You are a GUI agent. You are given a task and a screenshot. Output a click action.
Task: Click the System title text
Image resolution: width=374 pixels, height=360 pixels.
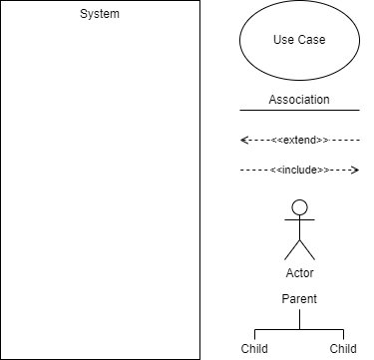99,14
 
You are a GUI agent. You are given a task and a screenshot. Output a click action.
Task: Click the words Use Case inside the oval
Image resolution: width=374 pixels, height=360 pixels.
299,41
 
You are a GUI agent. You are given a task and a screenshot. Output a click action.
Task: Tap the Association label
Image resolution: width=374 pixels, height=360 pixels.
299,100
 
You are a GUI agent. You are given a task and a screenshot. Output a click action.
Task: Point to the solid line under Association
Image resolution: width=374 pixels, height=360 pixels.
299,109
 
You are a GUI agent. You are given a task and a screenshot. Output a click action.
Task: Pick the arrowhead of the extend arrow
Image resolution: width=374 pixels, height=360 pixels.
243,140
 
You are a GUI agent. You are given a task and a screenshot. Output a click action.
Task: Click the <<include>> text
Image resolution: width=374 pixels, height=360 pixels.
299,171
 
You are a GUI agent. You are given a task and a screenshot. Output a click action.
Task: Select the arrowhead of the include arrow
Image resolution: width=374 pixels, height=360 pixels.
355,171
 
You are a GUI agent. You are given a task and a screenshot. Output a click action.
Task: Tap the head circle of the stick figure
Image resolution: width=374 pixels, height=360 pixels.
299,207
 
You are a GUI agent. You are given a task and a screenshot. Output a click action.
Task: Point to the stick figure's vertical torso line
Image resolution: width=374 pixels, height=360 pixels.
299,228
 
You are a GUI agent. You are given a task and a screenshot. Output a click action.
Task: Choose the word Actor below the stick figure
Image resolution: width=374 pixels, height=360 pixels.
299,272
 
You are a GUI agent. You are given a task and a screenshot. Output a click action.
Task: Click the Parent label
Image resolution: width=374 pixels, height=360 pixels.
299,298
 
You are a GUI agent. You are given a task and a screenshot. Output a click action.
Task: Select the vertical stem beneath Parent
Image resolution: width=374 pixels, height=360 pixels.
299,318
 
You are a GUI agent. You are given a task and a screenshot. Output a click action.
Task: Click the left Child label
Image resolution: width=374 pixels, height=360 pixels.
254,349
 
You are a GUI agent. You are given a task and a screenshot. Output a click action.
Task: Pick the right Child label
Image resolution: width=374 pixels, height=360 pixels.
344,349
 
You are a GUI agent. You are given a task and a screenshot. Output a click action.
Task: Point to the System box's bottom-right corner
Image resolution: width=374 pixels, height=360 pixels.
198,358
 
